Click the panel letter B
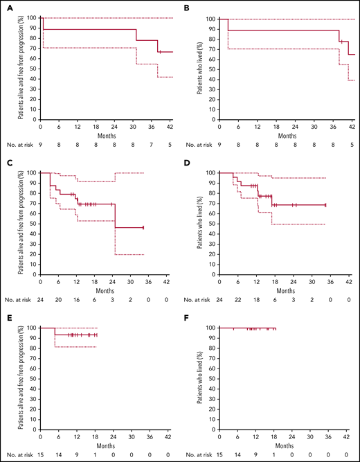click(188, 9)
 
